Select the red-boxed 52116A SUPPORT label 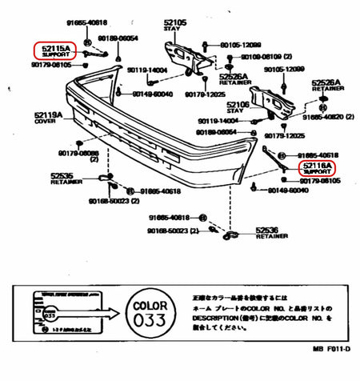tap(318, 168)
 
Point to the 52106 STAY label tap(238, 106)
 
